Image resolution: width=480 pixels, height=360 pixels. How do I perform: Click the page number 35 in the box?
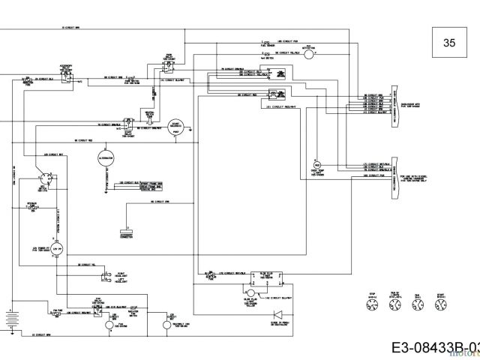[x=448, y=43]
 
